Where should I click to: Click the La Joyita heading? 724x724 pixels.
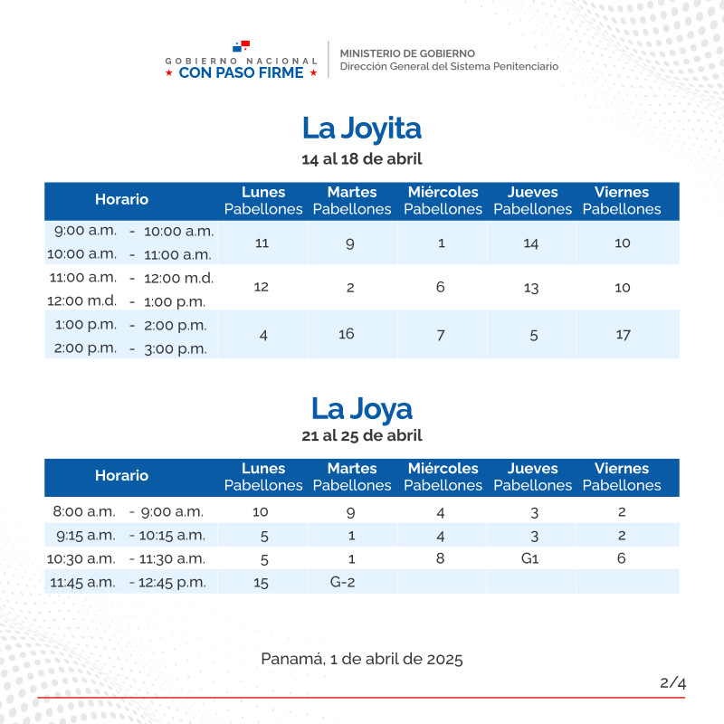click(x=362, y=129)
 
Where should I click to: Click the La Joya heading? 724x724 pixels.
click(x=362, y=408)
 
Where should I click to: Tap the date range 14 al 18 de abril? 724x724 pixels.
click(x=362, y=159)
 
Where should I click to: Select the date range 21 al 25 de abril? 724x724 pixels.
click(x=362, y=435)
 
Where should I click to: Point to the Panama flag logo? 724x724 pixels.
click(x=241, y=46)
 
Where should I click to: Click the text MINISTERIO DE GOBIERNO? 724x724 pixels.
click(x=407, y=53)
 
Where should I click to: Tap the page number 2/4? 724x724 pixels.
click(x=672, y=683)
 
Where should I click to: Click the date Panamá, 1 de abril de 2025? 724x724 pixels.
click(x=362, y=659)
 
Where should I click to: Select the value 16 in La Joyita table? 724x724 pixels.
click(x=347, y=334)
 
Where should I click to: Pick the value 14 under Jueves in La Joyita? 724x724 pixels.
click(x=531, y=243)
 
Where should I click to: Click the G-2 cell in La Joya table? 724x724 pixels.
click(x=342, y=582)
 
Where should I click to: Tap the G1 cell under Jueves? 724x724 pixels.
click(x=530, y=558)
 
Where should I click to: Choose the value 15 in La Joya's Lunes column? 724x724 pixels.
click(x=262, y=583)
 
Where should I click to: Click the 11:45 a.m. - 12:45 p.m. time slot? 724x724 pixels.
click(x=127, y=582)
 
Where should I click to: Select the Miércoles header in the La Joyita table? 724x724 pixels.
click(x=443, y=193)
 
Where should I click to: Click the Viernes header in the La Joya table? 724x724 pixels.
click(x=622, y=469)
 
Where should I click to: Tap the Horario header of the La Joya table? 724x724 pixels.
click(x=121, y=475)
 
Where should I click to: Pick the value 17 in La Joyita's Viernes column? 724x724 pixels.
click(x=623, y=334)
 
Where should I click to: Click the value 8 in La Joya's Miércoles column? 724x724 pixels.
click(x=441, y=558)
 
